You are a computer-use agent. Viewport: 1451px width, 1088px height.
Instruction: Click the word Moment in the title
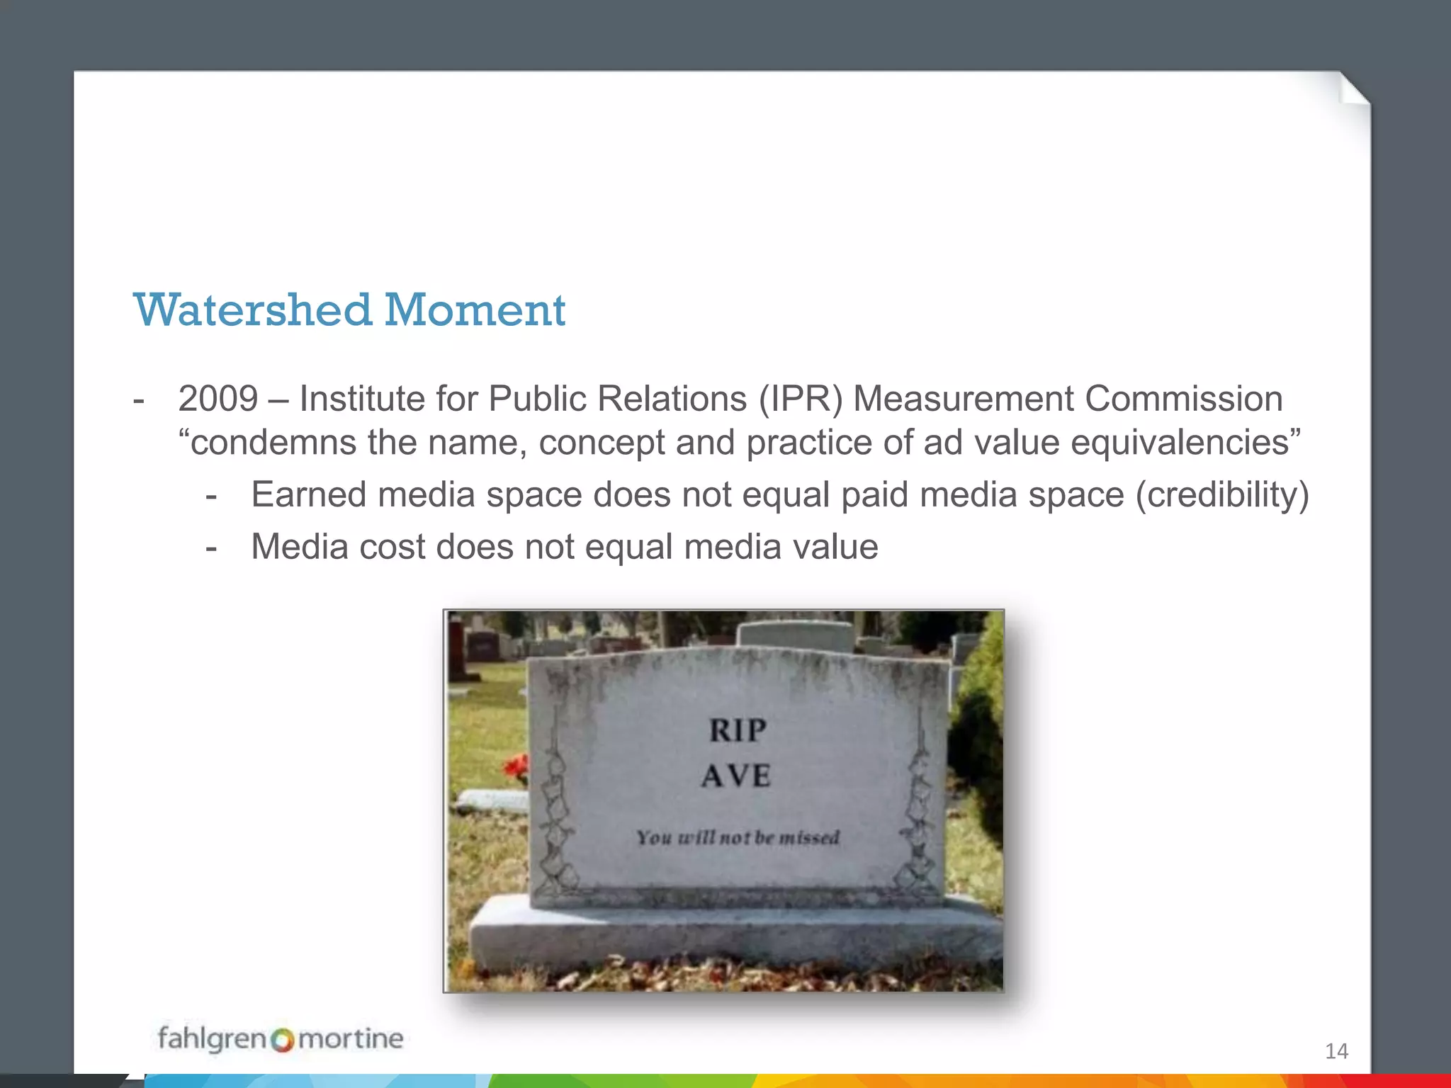(x=475, y=310)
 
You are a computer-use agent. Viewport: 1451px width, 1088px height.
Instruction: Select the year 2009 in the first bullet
(x=218, y=399)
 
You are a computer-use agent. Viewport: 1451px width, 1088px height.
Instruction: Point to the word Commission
(x=1183, y=399)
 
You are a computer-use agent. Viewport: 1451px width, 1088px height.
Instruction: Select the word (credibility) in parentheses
(x=1222, y=494)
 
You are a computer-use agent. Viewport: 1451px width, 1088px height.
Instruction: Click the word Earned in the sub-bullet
(x=309, y=494)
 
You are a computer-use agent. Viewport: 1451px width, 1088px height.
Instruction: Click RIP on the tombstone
(x=738, y=730)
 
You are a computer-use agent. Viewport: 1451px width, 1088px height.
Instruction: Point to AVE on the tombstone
(x=736, y=776)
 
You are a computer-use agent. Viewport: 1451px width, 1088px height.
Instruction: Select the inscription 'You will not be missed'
(x=738, y=838)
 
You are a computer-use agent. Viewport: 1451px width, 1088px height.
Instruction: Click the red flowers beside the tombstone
(x=515, y=767)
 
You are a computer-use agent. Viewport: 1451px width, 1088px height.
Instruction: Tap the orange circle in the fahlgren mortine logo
(x=282, y=1041)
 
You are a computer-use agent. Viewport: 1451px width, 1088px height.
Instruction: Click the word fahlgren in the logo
(x=211, y=1038)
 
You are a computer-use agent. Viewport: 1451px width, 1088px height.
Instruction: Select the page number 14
(x=1336, y=1051)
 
